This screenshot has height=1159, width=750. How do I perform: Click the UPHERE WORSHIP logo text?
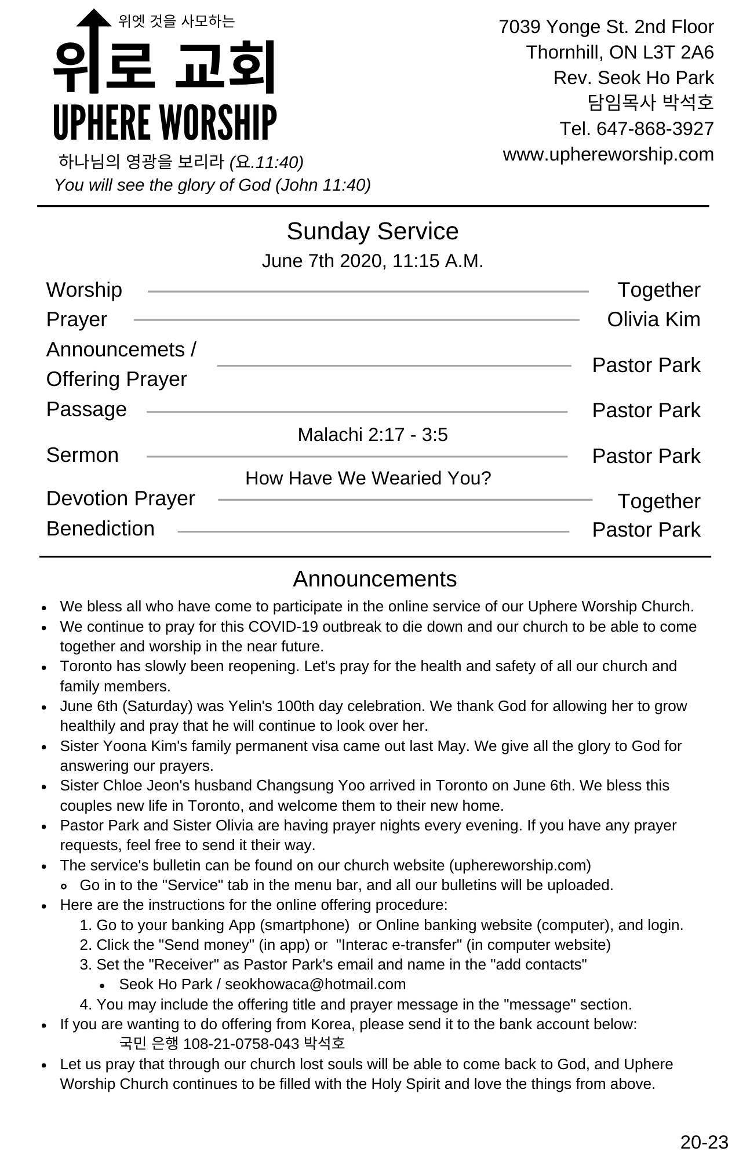click(x=165, y=122)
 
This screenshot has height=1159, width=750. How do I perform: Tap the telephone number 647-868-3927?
click(x=655, y=129)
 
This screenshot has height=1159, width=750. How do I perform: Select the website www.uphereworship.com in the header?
click(x=608, y=154)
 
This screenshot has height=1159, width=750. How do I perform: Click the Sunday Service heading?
click(x=372, y=231)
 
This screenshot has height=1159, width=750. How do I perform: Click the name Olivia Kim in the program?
click(x=653, y=319)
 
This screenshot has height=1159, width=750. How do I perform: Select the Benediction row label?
click(x=100, y=529)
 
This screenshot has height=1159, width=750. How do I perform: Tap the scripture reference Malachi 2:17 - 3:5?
click(x=372, y=435)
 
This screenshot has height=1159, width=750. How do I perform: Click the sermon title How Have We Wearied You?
click(x=368, y=478)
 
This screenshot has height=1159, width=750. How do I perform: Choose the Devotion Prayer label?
click(x=121, y=498)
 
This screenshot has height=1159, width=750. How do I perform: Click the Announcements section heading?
click(x=374, y=579)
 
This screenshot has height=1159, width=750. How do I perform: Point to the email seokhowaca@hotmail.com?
click(x=315, y=984)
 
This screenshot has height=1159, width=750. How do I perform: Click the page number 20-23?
click(x=704, y=1142)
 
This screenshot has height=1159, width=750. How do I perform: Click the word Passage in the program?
click(x=86, y=409)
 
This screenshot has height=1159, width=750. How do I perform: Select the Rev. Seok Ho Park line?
click(x=633, y=78)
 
